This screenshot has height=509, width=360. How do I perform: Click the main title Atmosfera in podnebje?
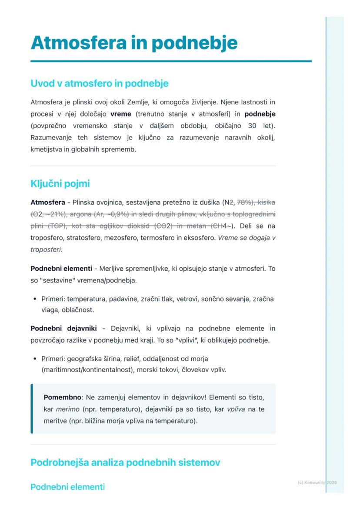(x=134, y=43)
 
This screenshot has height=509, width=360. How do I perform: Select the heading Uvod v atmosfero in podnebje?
(x=99, y=83)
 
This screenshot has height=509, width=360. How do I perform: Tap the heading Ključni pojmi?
(x=60, y=183)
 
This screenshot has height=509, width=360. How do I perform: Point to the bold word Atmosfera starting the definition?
(x=48, y=203)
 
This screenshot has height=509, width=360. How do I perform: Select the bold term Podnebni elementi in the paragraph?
(x=61, y=269)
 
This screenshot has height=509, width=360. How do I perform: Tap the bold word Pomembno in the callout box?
(x=62, y=397)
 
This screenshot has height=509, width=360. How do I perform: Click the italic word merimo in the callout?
(x=65, y=409)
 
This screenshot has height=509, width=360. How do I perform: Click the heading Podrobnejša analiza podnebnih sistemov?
(x=125, y=462)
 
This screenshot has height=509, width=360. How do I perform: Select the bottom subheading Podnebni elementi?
(x=67, y=487)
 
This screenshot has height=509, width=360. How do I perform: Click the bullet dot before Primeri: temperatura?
(x=34, y=299)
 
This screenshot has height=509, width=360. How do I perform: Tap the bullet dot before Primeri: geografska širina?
(x=34, y=359)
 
